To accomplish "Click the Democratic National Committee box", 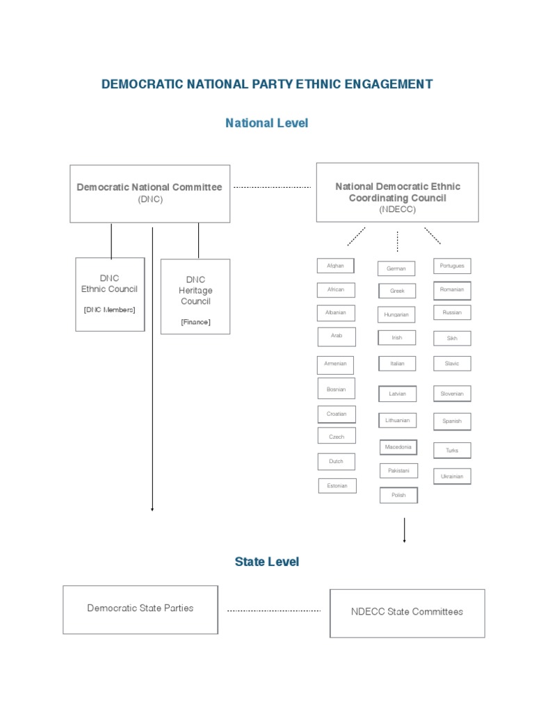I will click(149, 193).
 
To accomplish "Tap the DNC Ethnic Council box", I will click(110, 293).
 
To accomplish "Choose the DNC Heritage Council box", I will click(195, 296).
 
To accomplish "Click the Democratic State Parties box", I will click(140, 609).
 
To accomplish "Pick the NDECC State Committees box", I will click(407, 613).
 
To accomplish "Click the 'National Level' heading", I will click(266, 123).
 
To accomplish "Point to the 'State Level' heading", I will click(267, 561).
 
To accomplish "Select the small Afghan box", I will click(335, 266).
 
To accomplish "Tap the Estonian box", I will click(337, 486).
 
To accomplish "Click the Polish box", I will click(398, 495).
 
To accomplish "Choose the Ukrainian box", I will click(452, 476).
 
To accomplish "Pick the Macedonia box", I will click(398, 447).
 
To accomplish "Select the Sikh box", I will click(452, 339).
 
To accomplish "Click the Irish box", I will click(397, 338).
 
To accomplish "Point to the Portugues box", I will click(452, 266).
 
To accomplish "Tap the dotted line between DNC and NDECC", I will click(272, 187).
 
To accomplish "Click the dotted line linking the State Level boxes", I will click(274, 610).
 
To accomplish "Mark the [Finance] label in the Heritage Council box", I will click(195, 322).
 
